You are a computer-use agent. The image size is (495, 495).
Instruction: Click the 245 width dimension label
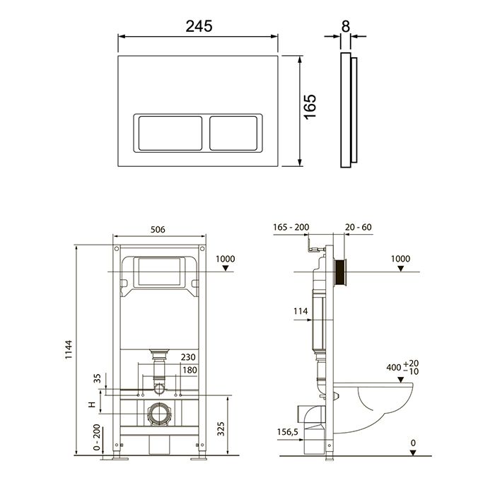click(199, 26)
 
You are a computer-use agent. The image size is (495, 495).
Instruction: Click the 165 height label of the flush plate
click(310, 107)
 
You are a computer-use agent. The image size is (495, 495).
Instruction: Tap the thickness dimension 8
click(346, 27)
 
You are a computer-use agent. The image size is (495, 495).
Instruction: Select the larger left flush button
click(170, 133)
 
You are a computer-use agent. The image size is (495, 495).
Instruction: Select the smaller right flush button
click(233, 133)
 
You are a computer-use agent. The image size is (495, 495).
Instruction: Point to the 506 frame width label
click(158, 230)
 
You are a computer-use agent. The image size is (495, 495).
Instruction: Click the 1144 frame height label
click(69, 349)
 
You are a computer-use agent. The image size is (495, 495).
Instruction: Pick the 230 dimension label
click(188, 357)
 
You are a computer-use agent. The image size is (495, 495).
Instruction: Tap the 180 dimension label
click(190, 370)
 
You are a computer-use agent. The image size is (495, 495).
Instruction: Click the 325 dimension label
click(221, 429)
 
